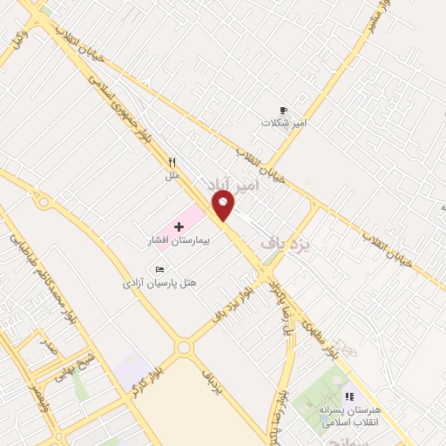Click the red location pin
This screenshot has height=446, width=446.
pos(224,206)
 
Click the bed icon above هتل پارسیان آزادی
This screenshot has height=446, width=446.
pos(159,269)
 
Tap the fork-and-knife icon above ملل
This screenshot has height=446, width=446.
pos(172,162)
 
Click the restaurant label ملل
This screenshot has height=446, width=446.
pos(172,175)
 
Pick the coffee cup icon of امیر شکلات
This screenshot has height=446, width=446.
pos(282,110)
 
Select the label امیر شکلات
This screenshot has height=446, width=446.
pos(285,123)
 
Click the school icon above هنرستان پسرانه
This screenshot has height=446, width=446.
pos(349,396)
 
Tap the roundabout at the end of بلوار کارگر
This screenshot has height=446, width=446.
pos(184,348)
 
